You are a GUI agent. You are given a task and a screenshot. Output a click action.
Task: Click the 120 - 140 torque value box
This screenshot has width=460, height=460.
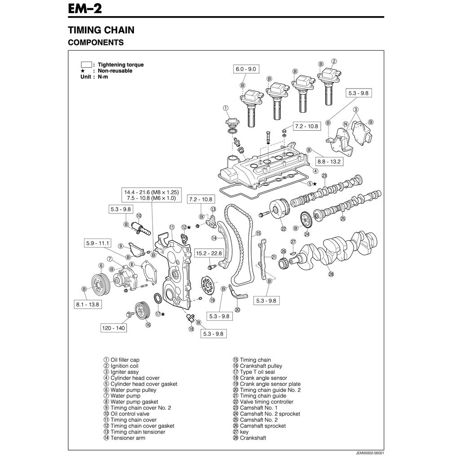(114, 328)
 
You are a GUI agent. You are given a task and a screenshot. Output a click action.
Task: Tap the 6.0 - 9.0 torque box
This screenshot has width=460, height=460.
(245, 69)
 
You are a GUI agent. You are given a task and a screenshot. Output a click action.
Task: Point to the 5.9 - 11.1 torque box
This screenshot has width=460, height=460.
(98, 243)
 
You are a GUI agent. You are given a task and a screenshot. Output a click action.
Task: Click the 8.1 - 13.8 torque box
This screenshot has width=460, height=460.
(87, 305)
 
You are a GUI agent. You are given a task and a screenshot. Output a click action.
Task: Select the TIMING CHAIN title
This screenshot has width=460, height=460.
(101, 30)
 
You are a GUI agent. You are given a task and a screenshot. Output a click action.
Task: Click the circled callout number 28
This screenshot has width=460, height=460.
(331, 274)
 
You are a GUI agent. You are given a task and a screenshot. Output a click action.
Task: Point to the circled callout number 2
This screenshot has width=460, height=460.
(334, 61)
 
